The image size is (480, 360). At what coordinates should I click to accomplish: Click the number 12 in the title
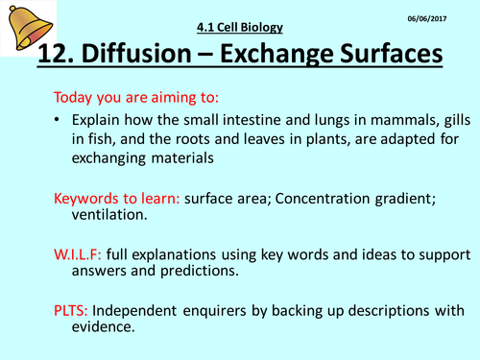(60, 55)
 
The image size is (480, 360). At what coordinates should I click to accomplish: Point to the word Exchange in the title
(294, 55)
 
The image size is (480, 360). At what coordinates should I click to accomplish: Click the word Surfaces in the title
(402, 55)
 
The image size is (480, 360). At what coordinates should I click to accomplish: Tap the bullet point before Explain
(59, 124)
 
